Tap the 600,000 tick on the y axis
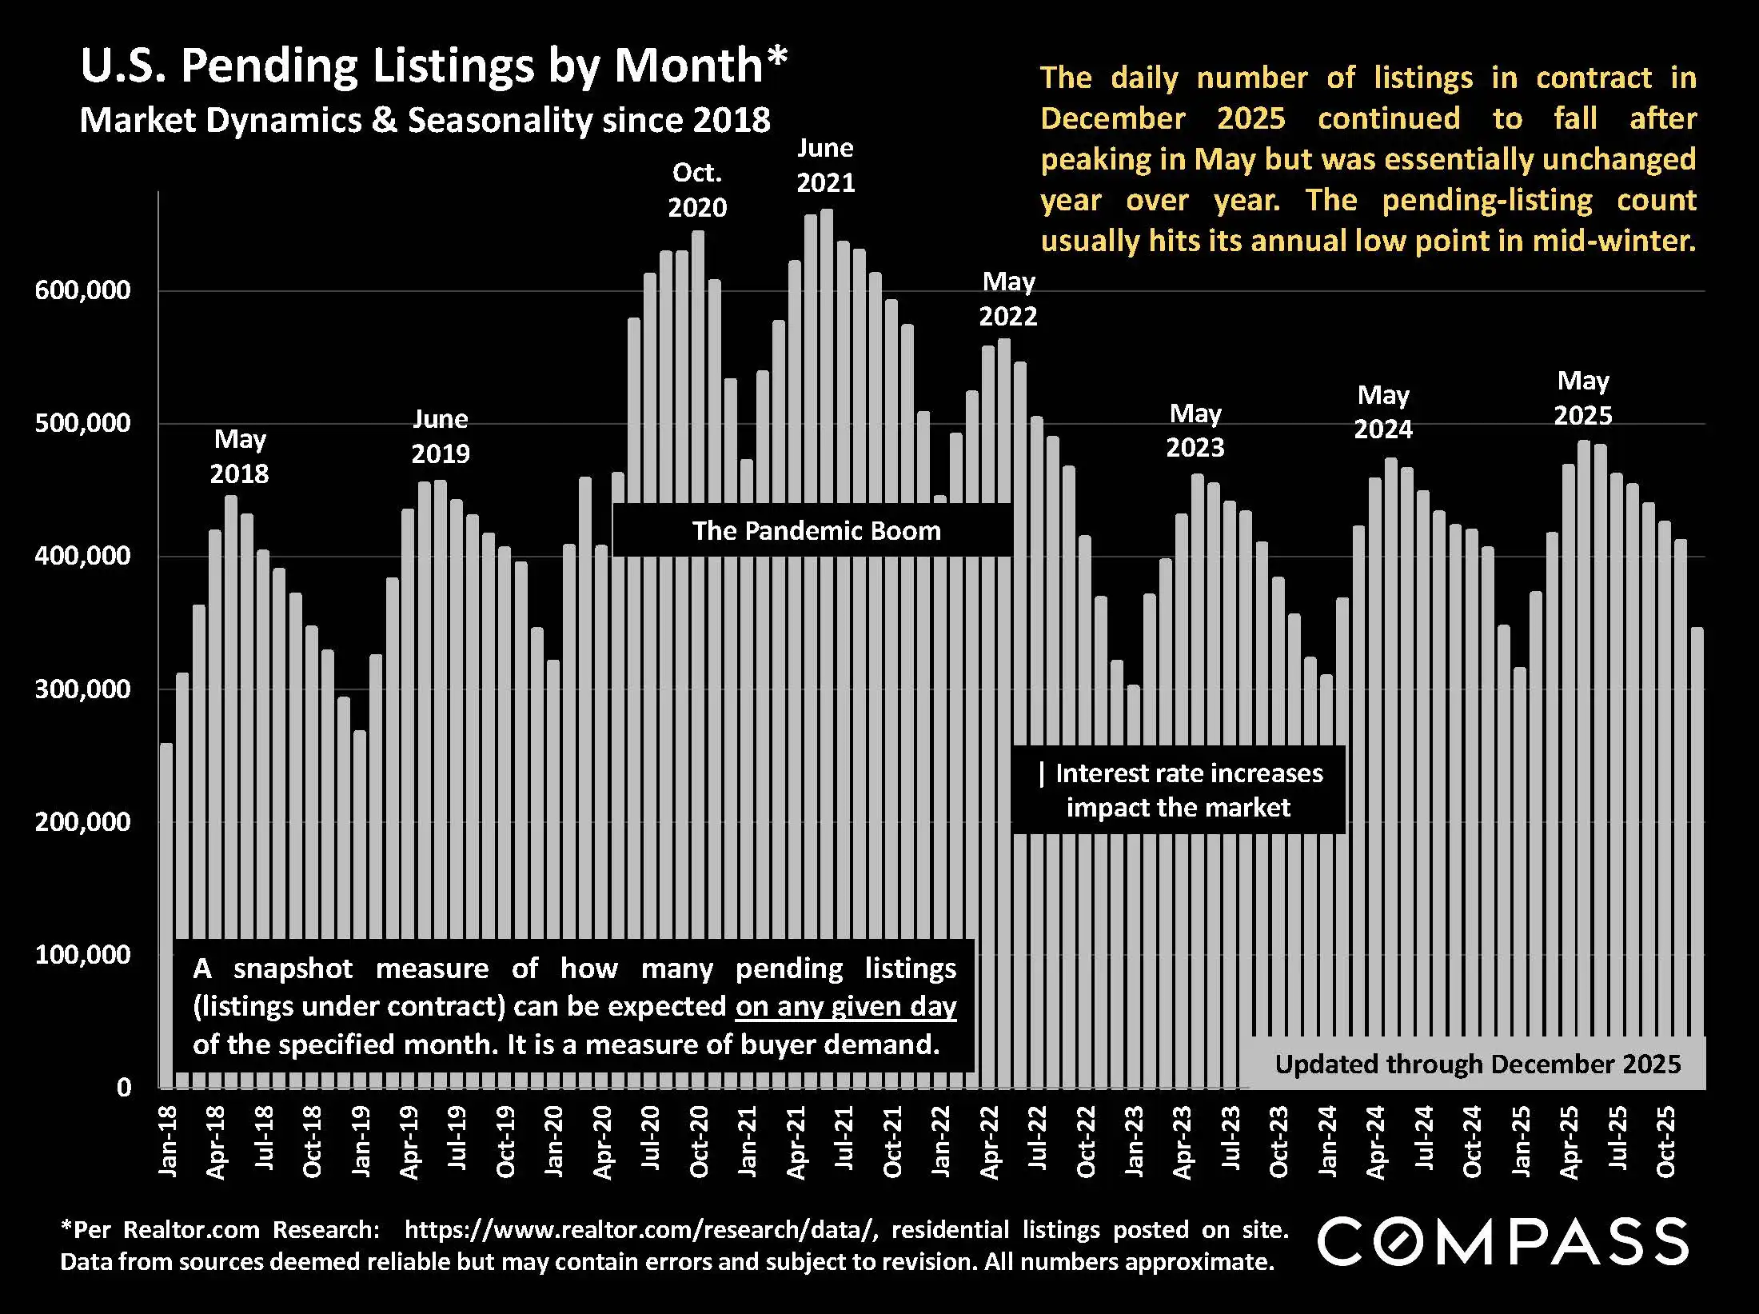pyautogui.click(x=82, y=290)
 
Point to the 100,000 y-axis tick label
pyautogui.click(x=82, y=954)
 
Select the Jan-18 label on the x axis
pyautogui.click(x=168, y=1141)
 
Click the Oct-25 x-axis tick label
pyautogui.click(x=1666, y=1141)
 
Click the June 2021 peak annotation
pyautogui.click(x=826, y=166)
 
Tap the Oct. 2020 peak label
pyautogui.click(x=697, y=190)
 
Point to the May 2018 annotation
pyautogui.click(x=239, y=457)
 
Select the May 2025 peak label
pyautogui.click(x=1582, y=398)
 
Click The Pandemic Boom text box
pyautogui.click(x=816, y=531)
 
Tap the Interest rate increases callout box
pyautogui.click(x=1179, y=790)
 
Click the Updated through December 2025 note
pyautogui.click(x=1478, y=1064)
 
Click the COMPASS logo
pyautogui.click(x=1502, y=1242)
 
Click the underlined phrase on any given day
pyautogui.click(x=846, y=1006)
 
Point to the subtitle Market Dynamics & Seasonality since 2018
pyautogui.click(x=425, y=121)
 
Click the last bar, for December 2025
pyautogui.click(x=1697, y=856)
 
